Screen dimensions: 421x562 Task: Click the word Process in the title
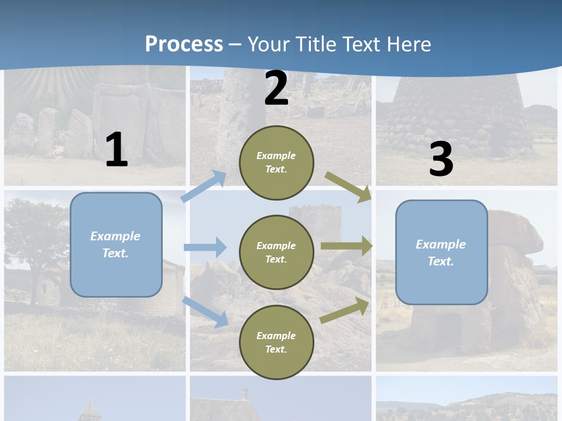tap(184, 44)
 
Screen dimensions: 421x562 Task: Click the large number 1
tap(116, 150)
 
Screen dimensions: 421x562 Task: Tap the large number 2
tap(276, 89)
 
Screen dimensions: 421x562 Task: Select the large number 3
tap(441, 160)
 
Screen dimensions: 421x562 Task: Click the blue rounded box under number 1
tap(116, 244)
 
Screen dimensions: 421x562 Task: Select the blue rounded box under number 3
tap(441, 252)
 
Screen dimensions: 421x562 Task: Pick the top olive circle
tap(276, 163)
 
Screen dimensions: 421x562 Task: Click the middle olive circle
tap(276, 252)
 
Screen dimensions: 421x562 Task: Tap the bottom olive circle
tap(276, 342)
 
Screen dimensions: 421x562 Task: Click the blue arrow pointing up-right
tap(204, 187)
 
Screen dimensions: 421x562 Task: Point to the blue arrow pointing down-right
tap(205, 312)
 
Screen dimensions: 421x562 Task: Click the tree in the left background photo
tap(35, 234)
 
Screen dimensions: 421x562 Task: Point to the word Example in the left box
tap(115, 236)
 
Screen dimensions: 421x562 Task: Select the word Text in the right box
tap(440, 261)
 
